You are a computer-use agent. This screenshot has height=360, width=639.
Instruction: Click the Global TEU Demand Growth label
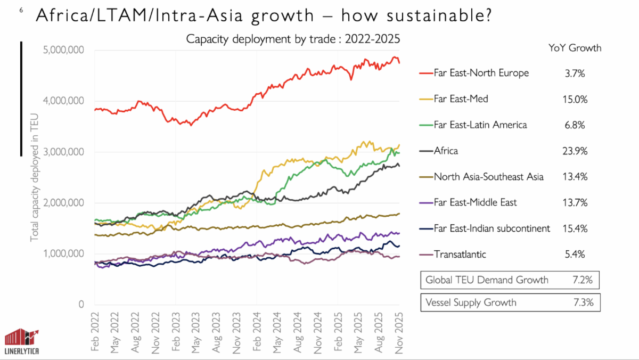[x=486, y=280]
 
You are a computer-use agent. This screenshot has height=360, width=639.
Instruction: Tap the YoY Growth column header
[x=575, y=48]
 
